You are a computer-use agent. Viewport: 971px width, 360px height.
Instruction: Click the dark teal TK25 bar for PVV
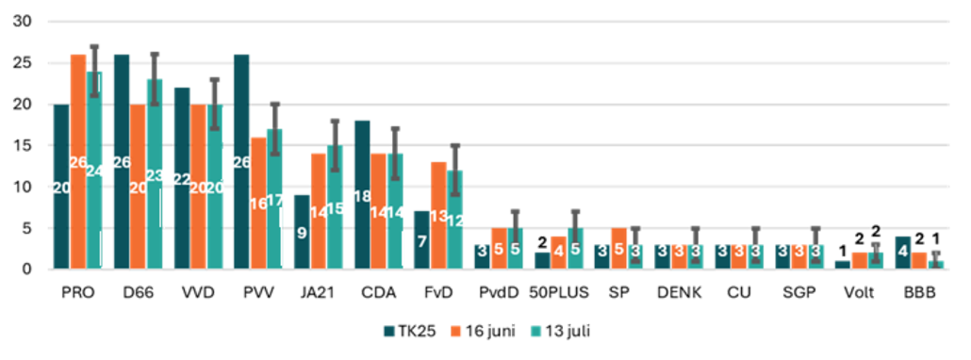[x=242, y=161]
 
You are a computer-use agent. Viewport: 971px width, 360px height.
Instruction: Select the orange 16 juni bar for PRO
[x=78, y=161]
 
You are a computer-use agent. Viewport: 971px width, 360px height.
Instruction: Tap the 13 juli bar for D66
[x=155, y=173]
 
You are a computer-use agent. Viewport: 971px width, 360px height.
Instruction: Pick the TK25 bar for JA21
[x=302, y=232]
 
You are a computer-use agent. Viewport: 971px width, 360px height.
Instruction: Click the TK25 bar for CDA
[x=362, y=195]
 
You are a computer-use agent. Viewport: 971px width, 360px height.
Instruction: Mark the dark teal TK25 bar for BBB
[x=902, y=253]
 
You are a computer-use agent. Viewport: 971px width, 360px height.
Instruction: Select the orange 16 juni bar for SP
[x=618, y=248]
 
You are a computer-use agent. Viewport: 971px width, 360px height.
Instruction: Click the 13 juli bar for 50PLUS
[x=575, y=248]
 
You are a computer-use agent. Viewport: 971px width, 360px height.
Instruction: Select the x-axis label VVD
[x=198, y=293]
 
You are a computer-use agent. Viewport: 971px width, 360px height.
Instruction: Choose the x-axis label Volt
[x=858, y=293]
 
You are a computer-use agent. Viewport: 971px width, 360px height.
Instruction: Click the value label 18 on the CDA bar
[x=362, y=196]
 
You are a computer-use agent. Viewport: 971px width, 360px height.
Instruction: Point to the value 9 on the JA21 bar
[x=302, y=234]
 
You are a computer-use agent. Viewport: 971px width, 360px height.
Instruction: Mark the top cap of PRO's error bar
[x=94, y=46]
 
